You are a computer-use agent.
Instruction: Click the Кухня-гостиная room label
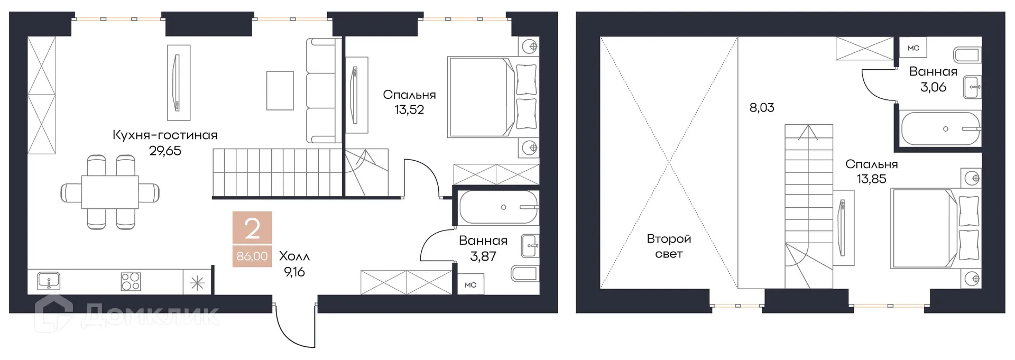(165, 135)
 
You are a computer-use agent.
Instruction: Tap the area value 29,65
(165, 151)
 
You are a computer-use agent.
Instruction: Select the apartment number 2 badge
(252, 229)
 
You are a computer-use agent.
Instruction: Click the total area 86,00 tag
(252, 256)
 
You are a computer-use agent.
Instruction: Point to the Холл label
(294, 256)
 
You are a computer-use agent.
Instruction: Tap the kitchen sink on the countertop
(49, 281)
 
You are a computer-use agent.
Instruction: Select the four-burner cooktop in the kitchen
(131, 281)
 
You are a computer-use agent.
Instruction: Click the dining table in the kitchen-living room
(110, 192)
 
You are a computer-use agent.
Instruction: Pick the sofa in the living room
(320, 90)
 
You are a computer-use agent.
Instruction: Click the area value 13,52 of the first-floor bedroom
(409, 110)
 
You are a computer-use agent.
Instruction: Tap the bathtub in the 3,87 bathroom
(499, 207)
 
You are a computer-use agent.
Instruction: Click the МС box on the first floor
(470, 285)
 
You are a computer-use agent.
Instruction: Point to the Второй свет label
(669, 246)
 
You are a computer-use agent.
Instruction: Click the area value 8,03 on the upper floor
(762, 108)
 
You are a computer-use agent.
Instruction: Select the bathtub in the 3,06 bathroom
(940, 128)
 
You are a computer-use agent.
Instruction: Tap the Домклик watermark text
(151, 316)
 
